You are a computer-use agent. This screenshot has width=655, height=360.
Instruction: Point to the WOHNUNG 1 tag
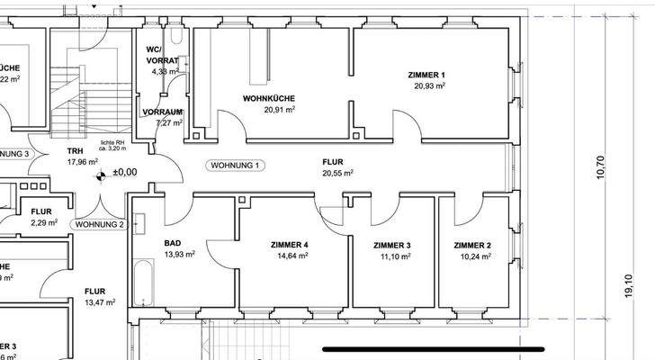tap(236, 166)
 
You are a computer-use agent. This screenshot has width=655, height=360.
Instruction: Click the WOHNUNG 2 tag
tap(100, 224)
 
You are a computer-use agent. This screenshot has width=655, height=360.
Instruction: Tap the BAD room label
tap(173, 244)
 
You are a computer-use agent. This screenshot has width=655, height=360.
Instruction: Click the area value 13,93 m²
tap(179, 256)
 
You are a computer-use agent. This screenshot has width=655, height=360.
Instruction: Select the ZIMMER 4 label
tap(290, 245)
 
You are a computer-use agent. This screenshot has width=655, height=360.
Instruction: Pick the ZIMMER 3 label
tap(392, 245)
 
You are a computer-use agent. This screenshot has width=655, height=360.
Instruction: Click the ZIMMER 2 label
tap(472, 245)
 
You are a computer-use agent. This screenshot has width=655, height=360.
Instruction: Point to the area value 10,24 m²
tap(472, 256)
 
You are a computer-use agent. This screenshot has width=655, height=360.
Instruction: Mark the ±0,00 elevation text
tap(124, 171)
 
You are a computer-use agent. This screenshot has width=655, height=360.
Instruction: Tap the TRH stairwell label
tap(76, 151)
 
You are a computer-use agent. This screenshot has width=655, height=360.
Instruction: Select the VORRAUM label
tap(163, 112)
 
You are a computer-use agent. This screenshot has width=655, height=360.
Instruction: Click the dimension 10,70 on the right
tap(601, 167)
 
